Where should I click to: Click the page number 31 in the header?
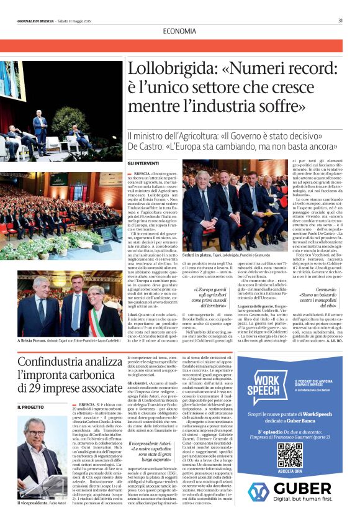[340, 20]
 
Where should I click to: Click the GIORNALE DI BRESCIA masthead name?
[36, 20]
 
